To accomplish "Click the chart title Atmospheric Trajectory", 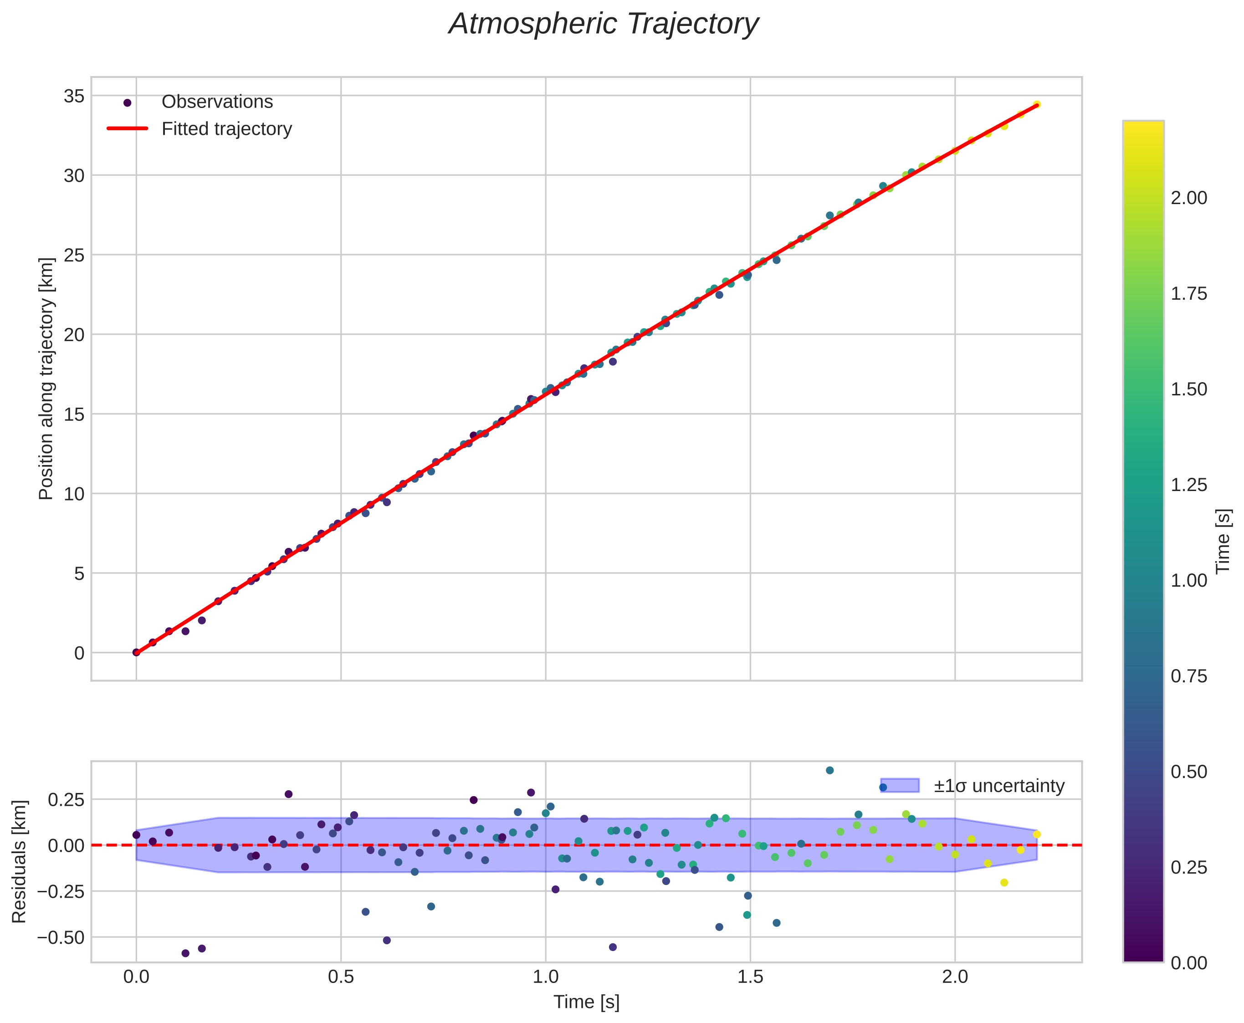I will (604, 25).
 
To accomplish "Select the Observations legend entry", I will (217, 102).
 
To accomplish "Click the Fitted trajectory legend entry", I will (226, 129).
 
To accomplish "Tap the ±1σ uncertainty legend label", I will (999, 786).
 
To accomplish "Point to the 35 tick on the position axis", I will (74, 96).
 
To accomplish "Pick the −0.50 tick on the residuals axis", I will (61, 937).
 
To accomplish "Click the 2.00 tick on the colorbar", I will (1188, 198).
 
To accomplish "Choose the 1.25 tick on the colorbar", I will (1188, 485).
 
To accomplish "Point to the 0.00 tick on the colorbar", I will (1188, 963).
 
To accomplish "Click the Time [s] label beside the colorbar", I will (1224, 541).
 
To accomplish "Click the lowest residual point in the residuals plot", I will (185, 953).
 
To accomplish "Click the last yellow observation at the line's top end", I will (1037, 104).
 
